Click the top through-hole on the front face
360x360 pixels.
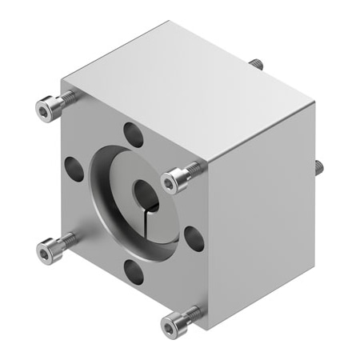pos(133,134)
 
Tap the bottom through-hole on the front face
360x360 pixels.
pos(134,272)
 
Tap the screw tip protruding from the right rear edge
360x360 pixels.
pos(318,166)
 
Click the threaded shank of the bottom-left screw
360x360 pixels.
pos(67,239)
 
